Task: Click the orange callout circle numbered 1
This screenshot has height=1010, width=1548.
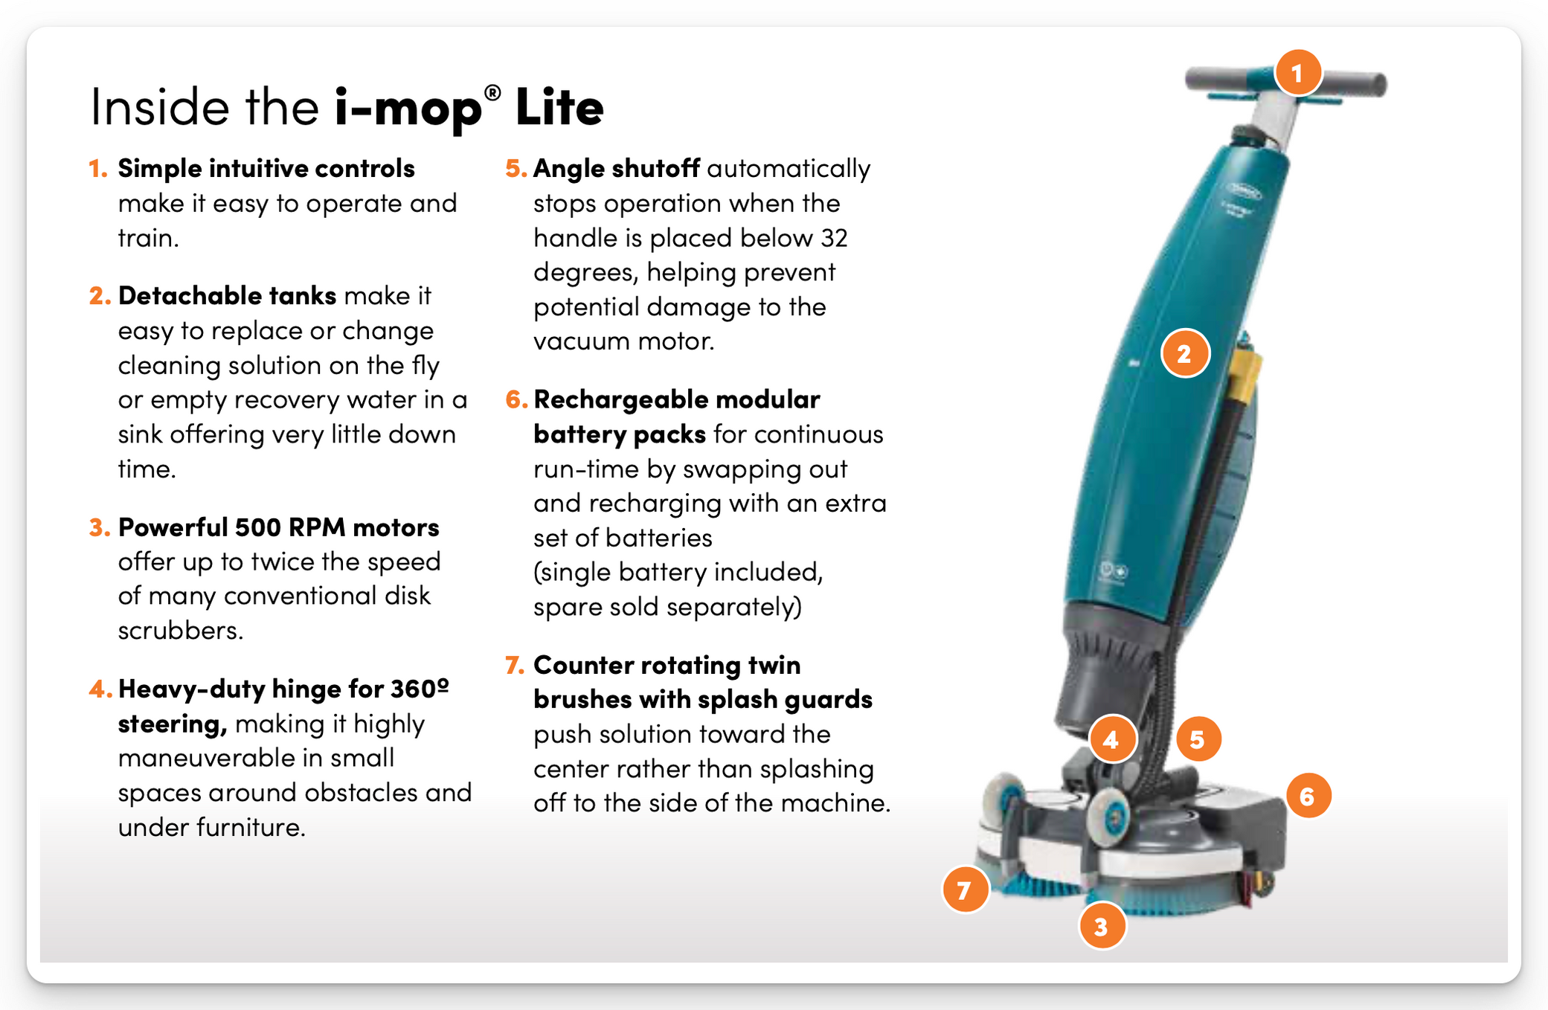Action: tap(1297, 73)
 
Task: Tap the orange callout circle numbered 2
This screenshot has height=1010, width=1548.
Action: tap(1185, 353)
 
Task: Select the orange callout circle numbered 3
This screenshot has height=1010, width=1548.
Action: tap(1102, 926)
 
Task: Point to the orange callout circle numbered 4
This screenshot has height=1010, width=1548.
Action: tap(1112, 739)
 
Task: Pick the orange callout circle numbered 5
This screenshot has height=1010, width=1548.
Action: tap(1198, 739)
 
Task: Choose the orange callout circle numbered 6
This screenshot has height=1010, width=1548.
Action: tap(1308, 796)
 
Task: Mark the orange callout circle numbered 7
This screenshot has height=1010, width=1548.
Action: tap(965, 890)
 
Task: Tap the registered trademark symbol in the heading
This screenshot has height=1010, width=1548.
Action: tap(492, 93)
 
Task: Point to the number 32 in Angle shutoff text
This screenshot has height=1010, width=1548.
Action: tap(834, 238)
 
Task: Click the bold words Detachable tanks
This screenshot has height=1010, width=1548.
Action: tap(227, 296)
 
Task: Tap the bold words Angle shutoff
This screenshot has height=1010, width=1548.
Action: tap(616, 169)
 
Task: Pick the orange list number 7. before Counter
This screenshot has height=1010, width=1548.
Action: tap(515, 665)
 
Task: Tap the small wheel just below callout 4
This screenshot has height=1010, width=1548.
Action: tap(1109, 815)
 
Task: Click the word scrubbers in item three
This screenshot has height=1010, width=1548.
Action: tap(179, 631)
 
